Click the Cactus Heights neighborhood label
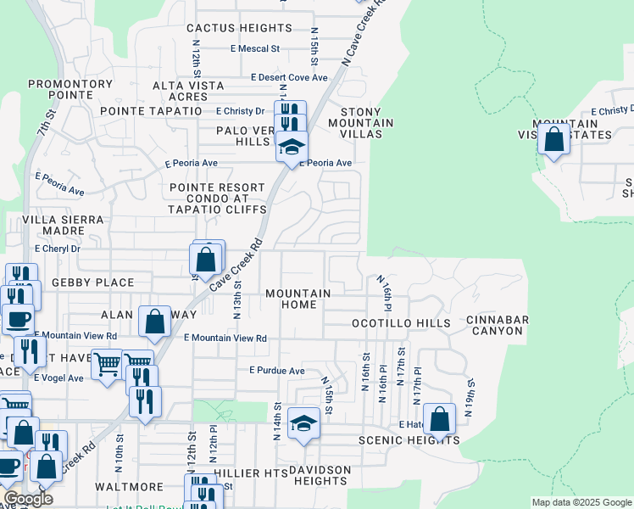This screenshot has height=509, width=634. point(239,28)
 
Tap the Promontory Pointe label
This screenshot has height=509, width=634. point(70,89)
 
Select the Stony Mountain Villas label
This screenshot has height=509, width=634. point(367,123)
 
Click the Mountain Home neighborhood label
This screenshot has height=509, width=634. point(298,299)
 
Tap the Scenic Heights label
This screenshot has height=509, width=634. point(409,440)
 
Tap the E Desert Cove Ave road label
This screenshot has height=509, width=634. point(289,77)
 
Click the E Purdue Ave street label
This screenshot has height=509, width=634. point(276,371)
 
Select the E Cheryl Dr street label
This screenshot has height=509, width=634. point(57,249)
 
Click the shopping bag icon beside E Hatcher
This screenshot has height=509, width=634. point(438,417)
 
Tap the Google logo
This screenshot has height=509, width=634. point(27,499)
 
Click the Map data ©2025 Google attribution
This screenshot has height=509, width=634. point(581,502)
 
